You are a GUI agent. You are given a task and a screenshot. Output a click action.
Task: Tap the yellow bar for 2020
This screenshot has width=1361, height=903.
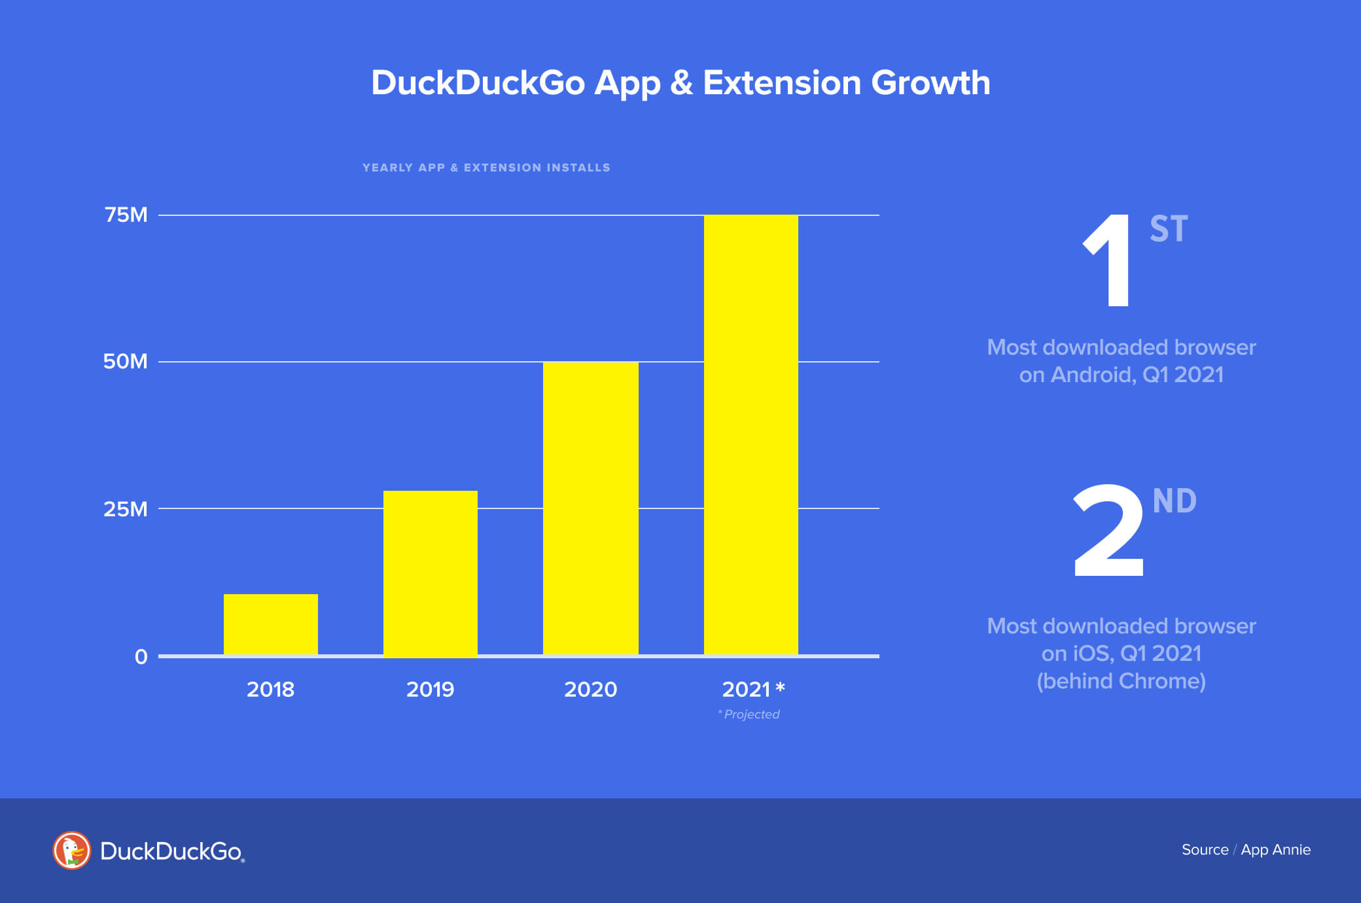591,508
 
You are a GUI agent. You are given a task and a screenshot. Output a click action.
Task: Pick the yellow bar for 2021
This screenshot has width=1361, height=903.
751,434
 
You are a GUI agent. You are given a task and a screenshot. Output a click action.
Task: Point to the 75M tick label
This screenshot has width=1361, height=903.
126,215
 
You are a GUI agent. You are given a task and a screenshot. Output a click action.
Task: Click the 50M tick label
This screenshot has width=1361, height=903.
126,361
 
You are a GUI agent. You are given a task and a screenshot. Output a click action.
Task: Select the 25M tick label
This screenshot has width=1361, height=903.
126,508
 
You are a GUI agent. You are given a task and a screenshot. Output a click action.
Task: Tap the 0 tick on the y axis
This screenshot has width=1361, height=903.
141,656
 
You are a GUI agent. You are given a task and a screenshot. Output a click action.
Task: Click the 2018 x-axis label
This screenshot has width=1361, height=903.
270,689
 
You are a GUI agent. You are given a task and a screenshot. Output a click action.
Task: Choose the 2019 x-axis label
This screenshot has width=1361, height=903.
430,689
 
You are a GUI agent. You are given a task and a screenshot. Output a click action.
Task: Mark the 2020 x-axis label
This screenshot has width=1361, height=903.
590,689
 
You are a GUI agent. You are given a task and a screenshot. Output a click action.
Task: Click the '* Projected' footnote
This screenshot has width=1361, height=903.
749,714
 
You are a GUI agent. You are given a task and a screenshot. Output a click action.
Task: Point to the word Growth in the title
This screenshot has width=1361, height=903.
930,83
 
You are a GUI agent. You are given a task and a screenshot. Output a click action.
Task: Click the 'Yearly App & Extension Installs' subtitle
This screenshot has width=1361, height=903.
486,168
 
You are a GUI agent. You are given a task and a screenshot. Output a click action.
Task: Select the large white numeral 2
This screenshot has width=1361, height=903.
1108,531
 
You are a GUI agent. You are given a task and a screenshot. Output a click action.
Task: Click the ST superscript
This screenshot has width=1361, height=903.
1169,229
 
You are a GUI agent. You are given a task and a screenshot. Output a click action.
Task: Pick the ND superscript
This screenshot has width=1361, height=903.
1175,501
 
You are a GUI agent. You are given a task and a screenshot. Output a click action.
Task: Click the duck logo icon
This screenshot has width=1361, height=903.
71,850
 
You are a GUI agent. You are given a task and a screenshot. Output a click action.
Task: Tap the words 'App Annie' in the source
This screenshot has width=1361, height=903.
1275,849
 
